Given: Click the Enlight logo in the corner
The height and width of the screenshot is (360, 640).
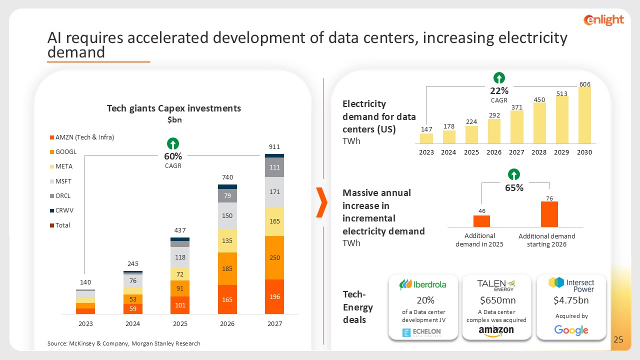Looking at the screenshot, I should pos(603,20).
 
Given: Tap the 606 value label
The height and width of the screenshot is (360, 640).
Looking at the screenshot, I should pos(584,83).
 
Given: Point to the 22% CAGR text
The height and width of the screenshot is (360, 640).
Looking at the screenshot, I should pos(499,91).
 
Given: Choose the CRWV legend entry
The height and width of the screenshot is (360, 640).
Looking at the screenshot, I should pos(65,210).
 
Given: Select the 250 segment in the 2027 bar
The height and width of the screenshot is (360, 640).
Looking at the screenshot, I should pos(274,257).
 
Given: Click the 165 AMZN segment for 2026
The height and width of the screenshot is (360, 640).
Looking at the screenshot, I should pos(227,299).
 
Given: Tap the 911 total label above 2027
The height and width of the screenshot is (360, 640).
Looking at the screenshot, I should pos(274,147).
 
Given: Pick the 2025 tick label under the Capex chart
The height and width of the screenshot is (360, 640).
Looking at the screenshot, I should pos(180,323).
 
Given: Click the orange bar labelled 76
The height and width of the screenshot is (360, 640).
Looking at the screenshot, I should pos(549,214).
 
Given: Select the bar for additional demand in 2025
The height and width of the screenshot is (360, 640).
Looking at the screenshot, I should pos(481,221).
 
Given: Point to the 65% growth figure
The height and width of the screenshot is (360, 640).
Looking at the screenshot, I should pos(514,188).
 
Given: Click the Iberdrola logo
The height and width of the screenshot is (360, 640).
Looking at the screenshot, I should pos(422,284).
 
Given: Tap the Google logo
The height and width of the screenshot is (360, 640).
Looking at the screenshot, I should pos(571,330).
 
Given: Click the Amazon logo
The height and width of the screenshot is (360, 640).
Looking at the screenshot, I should pos(496,331).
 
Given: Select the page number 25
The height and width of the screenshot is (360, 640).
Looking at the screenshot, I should pos(618,340).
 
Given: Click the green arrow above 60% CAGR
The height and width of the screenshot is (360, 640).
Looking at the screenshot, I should pos(173,143).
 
